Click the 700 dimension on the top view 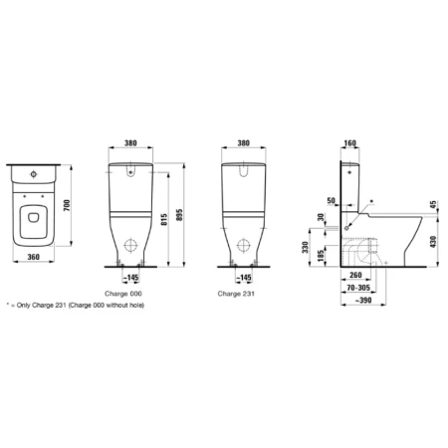pos(67,206)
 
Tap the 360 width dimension pos(34,257)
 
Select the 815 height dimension pos(164,220)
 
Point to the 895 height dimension pos(179,215)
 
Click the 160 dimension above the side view pos(350,143)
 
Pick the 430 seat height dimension pos(433,242)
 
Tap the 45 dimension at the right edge pos(434,205)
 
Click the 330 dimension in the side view pos(305,247)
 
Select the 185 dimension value pos(321,256)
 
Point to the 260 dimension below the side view pos(355,275)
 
